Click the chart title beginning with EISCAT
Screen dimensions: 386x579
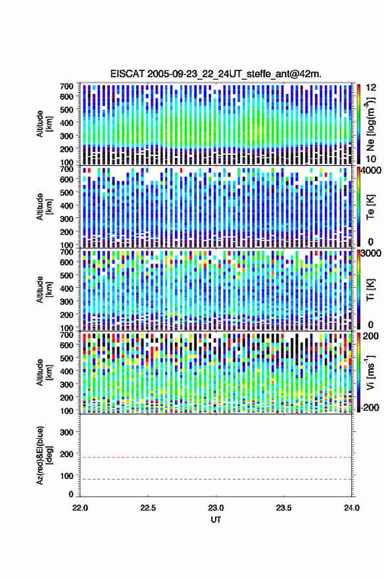216,74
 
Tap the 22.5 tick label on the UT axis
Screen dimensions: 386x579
148,508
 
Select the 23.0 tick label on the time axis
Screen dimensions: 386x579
216,508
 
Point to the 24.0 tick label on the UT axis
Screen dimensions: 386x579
351,508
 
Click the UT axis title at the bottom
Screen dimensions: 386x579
216,520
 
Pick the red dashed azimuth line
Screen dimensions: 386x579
216,458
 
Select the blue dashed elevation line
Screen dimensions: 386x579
216,480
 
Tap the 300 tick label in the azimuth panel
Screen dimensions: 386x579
66,432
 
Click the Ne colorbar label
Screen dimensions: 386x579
370,124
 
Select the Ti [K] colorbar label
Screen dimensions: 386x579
370,290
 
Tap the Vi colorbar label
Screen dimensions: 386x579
370,372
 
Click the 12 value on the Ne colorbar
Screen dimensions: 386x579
371,88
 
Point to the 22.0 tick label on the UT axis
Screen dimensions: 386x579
80,508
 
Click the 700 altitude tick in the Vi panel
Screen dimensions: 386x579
66,335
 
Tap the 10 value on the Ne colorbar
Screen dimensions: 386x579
371,159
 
